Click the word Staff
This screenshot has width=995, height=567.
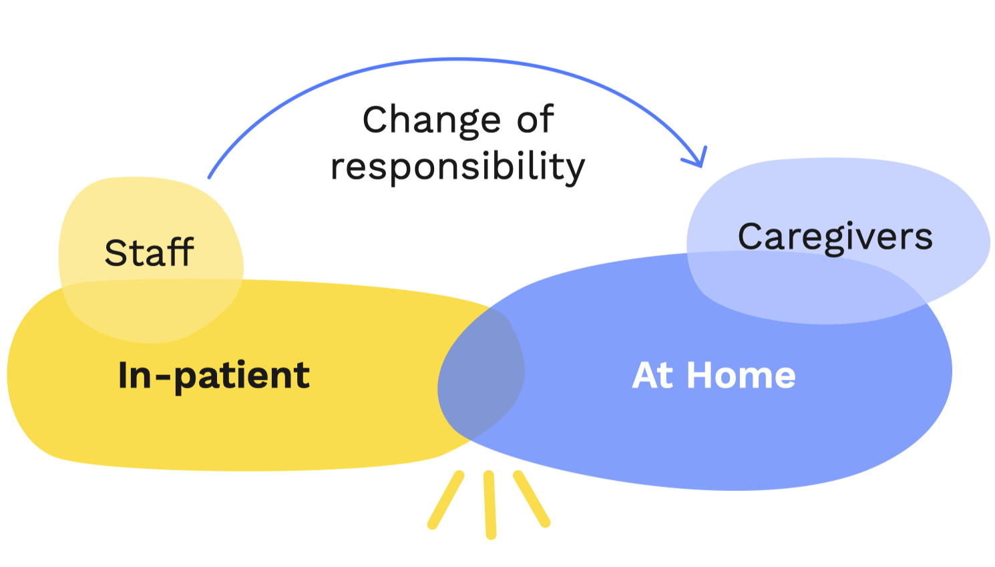149,253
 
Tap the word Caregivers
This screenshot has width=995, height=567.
835,237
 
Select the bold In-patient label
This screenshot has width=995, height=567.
214,375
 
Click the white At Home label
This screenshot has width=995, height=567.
713,375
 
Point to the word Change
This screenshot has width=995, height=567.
431,120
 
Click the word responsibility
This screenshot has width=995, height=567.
457,166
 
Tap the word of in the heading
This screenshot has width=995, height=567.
536,119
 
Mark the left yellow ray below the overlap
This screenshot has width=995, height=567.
445,500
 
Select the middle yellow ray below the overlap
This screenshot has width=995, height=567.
490,504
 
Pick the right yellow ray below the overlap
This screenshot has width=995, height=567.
532,499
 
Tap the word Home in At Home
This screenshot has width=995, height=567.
741,375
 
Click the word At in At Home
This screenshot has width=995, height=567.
652,375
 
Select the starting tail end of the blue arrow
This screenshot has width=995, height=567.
210,176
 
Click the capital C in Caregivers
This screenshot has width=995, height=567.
752,237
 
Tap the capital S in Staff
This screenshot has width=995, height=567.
116,253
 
